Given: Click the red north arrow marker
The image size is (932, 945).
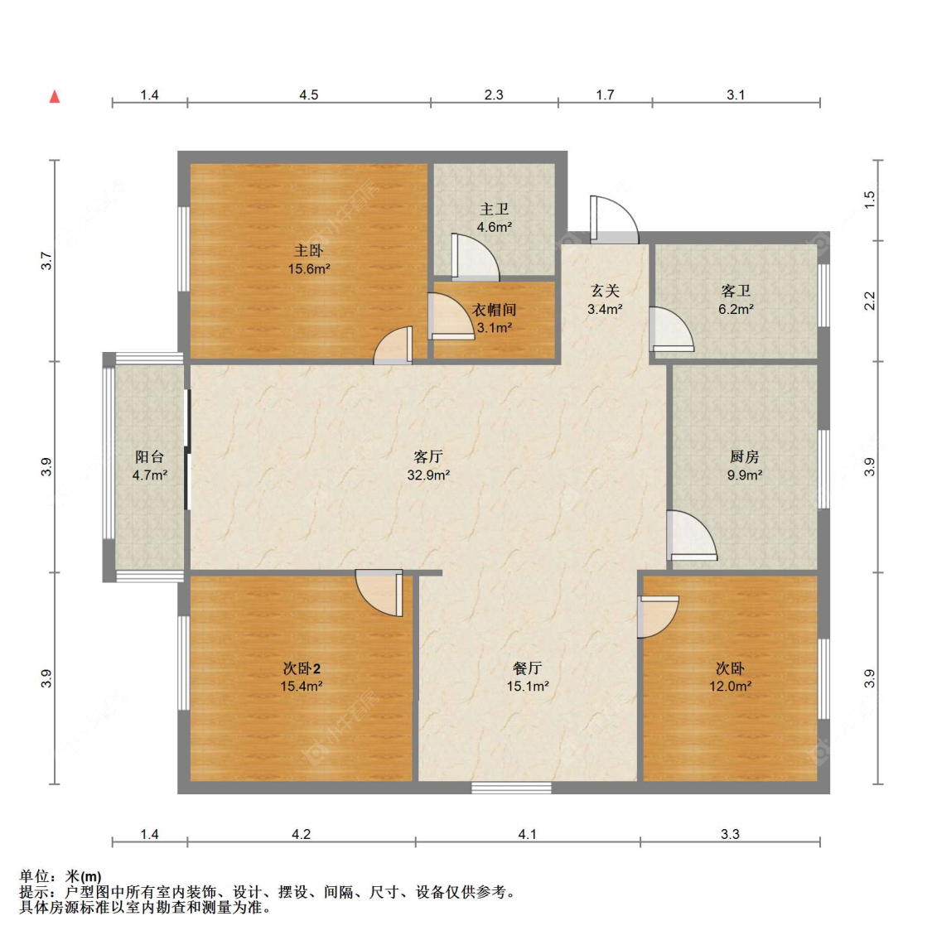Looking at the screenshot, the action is pos(54,96).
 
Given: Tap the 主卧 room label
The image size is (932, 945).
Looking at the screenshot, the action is pos(309,250).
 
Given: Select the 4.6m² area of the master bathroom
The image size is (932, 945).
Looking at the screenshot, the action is pos(495,227).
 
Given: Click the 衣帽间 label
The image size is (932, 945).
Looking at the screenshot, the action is pos(494,310).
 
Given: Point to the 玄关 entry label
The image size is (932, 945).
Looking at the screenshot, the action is pos(605,291).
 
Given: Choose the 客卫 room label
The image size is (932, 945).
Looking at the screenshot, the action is pos(736,291).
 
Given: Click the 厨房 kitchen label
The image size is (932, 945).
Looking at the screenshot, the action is pos(745,457).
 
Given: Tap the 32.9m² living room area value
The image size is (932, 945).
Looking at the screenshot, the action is pos(428,475).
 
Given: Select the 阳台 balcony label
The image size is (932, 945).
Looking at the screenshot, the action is pos(149,457).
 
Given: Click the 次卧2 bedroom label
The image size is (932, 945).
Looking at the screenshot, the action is pos(302,668).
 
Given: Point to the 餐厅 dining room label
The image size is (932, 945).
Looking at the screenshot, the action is pos(528,668).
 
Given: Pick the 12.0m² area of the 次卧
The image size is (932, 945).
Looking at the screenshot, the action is pos(730,686).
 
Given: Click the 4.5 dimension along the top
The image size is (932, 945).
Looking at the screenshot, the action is pos(309,94).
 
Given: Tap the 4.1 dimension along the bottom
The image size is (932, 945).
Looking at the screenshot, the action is pos(528,834).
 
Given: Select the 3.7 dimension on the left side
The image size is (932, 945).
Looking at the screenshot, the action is pos(46,261).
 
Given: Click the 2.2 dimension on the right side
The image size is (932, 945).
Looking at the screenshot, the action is pos(869,301).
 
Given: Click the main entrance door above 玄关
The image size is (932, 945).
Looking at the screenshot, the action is pos(614,219).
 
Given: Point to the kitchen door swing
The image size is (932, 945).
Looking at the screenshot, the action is pos(692,536).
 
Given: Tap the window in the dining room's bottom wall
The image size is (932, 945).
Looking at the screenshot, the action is pos(511,788).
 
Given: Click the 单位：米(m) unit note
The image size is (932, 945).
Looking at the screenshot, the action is pos(60,876).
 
